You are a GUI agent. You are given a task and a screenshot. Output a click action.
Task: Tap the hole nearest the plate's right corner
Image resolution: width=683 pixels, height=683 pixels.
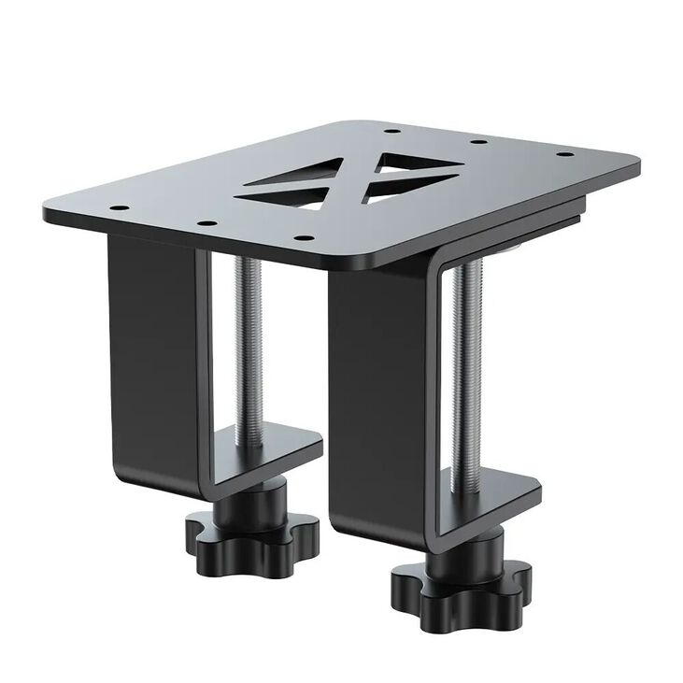[563, 156]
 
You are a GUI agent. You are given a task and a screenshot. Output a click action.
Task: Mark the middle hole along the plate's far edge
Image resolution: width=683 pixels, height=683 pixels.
[477, 142]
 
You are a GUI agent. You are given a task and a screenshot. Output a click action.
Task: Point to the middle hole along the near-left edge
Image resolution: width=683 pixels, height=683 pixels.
[206, 223]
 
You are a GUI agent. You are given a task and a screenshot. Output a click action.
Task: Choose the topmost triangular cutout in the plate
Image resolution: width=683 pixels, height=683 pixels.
[419, 162]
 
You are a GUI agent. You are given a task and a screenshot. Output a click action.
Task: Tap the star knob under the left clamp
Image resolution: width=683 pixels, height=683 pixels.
[251, 537]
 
